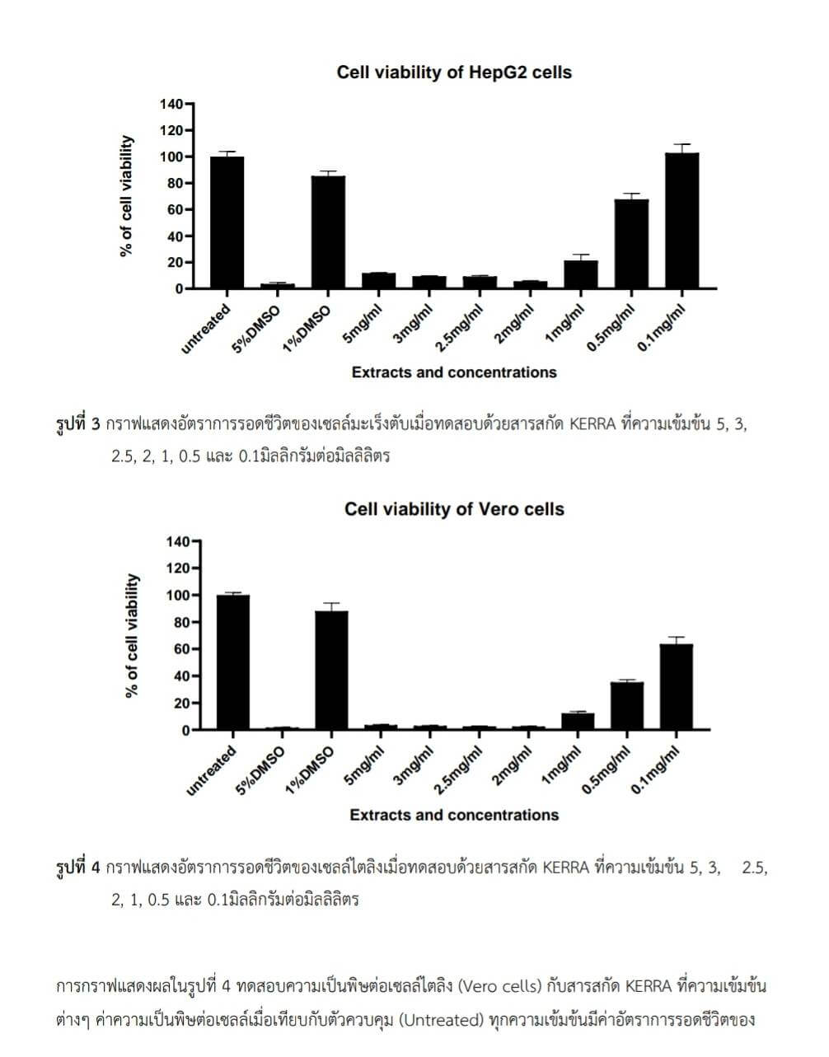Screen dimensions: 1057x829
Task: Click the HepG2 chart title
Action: click(454, 72)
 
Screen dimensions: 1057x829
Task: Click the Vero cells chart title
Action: click(454, 509)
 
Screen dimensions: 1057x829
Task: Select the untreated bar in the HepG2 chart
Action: click(227, 222)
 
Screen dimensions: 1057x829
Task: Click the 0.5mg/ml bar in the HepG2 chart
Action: click(631, 244)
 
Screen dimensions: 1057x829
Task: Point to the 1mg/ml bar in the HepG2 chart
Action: click(581, 274)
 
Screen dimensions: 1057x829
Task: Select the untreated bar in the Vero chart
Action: click(232, 662)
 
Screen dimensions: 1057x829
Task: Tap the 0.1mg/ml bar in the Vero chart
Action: click(676, 687)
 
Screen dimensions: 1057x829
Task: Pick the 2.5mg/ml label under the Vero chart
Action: click(458, 771)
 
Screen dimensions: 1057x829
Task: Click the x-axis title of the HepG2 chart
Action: click(454, 372)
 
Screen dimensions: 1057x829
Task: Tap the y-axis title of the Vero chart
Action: click(131, 636)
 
